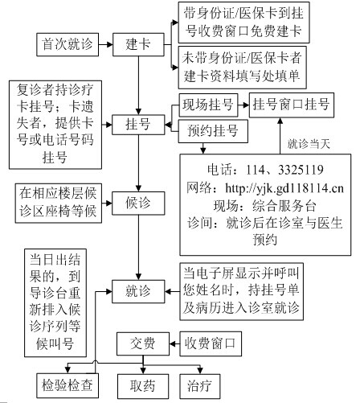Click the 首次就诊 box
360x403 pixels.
tap(67, 45)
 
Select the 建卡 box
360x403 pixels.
tap(138, 45)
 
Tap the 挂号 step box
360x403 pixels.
tap(138, 125)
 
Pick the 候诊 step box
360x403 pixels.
tap(138, 204)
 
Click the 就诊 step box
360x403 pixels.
tap(138, 291)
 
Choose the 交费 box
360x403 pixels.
tap(143, 344)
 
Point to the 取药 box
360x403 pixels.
tap(143, 386)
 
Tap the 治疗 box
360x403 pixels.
tap(200, 386)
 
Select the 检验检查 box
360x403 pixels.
tap(67, 385)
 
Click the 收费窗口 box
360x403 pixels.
tap(211, 344)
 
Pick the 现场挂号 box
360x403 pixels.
tap(208, 105)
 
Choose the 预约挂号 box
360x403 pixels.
tap(213, 131)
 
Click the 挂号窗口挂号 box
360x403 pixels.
tap(292, 105)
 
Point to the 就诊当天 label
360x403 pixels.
tap(309, 144)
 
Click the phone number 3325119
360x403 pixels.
tap(301, 170)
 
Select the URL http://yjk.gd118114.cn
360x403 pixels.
tap(284, 188)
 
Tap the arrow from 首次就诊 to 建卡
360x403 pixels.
tap(105, 45)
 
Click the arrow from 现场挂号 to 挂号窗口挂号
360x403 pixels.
tap(243, 105)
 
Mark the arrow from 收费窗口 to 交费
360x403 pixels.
tap(174, 344)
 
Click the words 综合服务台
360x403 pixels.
tap(284, 206)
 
